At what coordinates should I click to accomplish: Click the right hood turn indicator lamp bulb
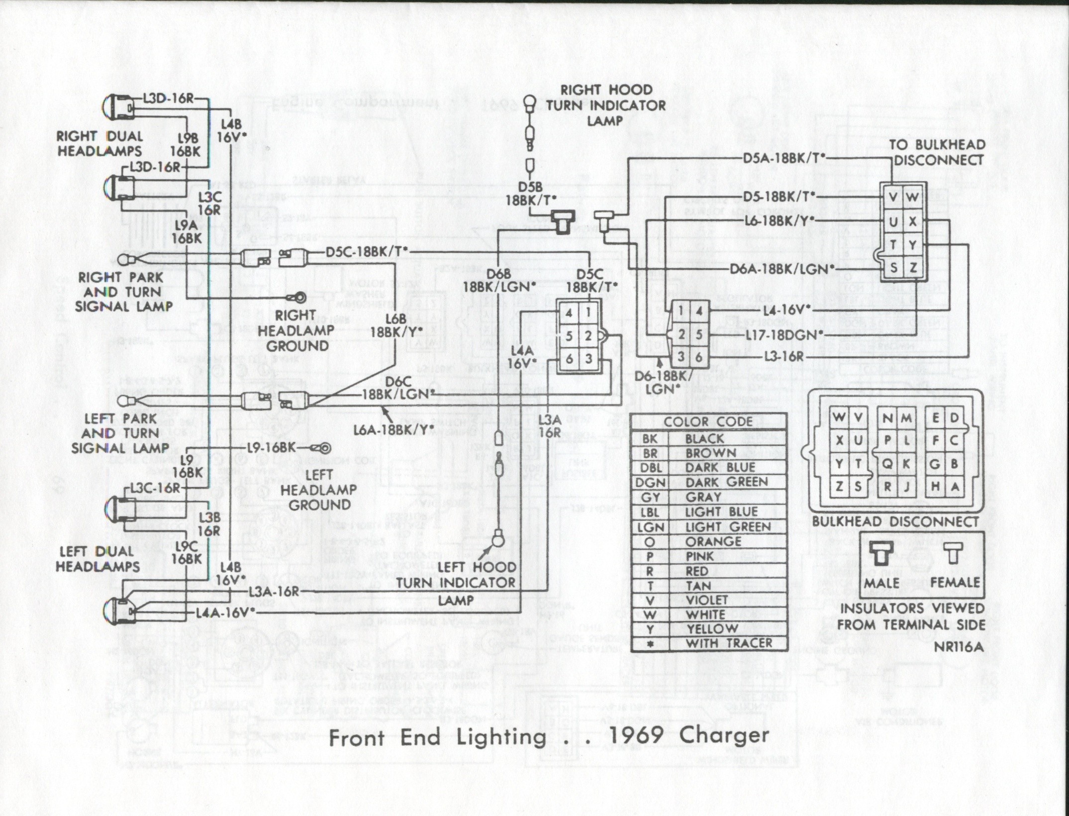pyautogui.click(x=529, y=103)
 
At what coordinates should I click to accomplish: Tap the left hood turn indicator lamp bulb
pyautogui.click(x=498, y=539)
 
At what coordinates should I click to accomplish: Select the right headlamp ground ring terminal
pyautogui.click(x=300, y=298)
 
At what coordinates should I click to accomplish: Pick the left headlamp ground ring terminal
pyautogui.click(x=325, y=448)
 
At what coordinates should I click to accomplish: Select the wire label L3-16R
pyautogui.click(x=784, y=357)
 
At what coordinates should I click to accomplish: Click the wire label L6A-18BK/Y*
pyautogui.click(x=393, y=429)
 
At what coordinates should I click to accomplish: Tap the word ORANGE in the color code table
pyautogui.click(x=713, y=541)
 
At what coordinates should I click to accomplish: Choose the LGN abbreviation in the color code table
pyautogui.click(x=650, y=527)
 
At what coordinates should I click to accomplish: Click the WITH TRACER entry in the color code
pyautogui.click(x=729, y=643)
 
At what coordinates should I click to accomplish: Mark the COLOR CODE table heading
pyautogui.click(x=708, y=422)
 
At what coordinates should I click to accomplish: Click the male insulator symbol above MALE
pyautogui.click(x=880, y=552)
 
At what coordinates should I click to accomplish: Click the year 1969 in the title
pyautogui.click(x=636, y=735)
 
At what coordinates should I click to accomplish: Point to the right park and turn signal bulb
pyautogui.click(x=124, y=260)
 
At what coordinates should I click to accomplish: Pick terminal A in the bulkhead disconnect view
pyautogui.click(x=954, y=487)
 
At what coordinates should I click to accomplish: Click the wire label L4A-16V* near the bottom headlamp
pyautogui.click(x=222, y=612)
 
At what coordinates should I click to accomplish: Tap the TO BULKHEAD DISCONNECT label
pyautogui.click(x=937, y=152)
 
